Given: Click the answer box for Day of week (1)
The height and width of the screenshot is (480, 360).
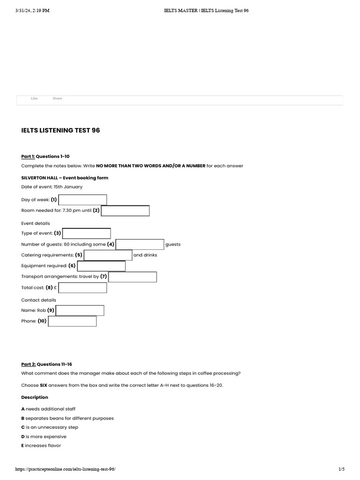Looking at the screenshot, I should pyautogui.click(x=82, y=200).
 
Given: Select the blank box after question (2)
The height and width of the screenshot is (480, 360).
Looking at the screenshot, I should pyautogui.click(x=125, y=211).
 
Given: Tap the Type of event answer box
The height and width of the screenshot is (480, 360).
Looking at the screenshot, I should pyautogui.click(x=87, y=233).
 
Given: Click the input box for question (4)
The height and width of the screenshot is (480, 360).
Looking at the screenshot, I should pyautogui.click(x=140, y=244).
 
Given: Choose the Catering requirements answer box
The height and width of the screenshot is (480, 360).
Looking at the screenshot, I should pyautogui.click(x=108, y=255).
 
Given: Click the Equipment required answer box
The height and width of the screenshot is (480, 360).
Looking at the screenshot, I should pyautogui.click(x=101, y=266).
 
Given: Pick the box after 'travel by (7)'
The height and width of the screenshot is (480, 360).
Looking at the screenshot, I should pyautogui.click(x=133, y=277).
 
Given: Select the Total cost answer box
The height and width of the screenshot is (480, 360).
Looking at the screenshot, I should pyautogui.click(x=82, y=288).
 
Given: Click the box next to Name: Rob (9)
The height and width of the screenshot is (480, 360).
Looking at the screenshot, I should pyautogui.click(x=80, y=310).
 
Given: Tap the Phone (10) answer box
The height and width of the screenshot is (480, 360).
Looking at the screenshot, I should pyautogui.click(x=72, y=321).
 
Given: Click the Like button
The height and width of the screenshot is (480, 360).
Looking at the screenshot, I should pyautogui.click(x=34, y=98).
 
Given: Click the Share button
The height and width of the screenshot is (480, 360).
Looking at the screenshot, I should pyautogui.click(x=57, y=98).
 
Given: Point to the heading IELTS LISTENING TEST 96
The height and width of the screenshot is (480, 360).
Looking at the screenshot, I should pyautogui.click(x=60, y=130).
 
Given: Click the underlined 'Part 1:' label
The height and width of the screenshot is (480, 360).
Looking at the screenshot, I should pyautogui.click(x=28, y=156).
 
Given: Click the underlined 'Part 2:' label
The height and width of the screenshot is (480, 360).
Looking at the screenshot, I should pyautogui.click(x=28, y=364).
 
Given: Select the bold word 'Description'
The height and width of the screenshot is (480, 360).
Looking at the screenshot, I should pyautogui.click(x=35, y=397).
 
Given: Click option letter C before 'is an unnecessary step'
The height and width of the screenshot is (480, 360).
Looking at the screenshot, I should pyautogui.click(x=23, y=427).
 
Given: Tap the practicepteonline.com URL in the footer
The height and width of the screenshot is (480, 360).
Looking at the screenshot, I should pyautogui.click(x=65, y=469).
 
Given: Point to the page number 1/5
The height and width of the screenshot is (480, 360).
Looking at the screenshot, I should pyautogui.click(x=341, y=469).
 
